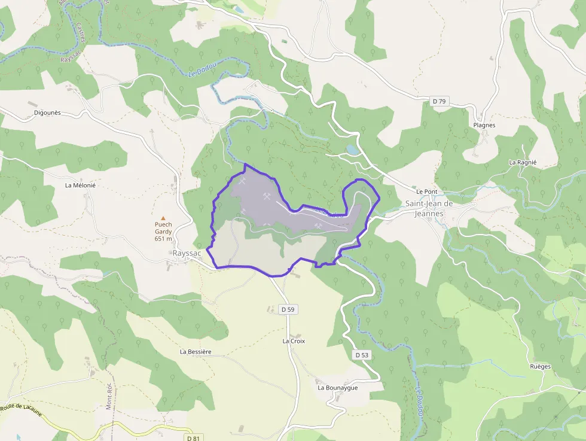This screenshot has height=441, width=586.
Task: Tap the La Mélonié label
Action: coord(80,185)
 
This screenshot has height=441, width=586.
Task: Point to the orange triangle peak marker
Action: coord(163,218)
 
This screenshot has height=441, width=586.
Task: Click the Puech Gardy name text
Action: coord(163,228)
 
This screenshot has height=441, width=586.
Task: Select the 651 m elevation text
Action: coord(163,239)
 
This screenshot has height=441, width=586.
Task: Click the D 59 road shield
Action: coord(288,309)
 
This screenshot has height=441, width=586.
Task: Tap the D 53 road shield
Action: coord(362,355)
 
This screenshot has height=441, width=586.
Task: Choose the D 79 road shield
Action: coord(439,101)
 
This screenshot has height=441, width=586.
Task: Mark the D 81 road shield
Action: coord(193,438)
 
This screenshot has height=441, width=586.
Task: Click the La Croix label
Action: coord(294,341)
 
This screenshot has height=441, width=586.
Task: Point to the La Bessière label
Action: coord(196,352)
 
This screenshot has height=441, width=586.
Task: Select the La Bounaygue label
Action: coord(337,388)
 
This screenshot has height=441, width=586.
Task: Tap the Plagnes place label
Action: coord(484,126)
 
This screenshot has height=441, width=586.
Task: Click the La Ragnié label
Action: coord(523,162)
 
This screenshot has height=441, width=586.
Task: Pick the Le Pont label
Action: coord(427,191)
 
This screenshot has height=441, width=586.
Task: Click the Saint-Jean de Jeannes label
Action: coord(429,208)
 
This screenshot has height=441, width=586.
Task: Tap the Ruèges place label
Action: coord(540,366)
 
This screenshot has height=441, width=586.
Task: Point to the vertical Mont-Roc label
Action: coord(109,396)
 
